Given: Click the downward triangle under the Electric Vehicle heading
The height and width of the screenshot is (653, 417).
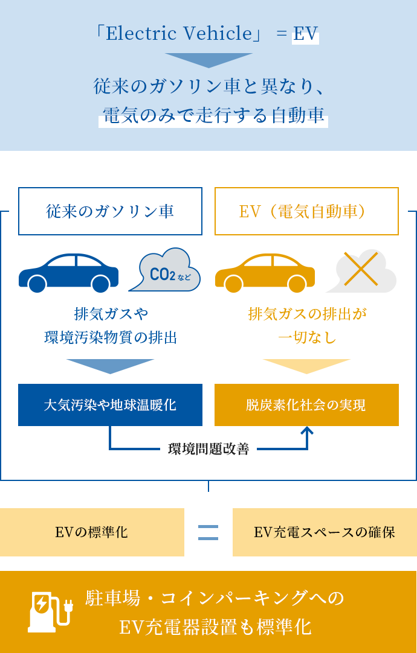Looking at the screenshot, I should (208, 60).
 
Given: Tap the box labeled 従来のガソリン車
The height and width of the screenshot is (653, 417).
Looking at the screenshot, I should (109, 211).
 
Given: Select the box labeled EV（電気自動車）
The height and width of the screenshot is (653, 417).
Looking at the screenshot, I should (306, 211).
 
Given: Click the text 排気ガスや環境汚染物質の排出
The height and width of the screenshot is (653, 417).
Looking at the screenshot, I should (110, 326).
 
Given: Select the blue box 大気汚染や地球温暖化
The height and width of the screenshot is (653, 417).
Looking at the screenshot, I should (110, 404).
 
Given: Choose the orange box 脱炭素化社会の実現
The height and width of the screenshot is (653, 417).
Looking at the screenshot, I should (306, 404).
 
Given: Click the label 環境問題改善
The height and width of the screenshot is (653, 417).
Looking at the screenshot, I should (208, 448).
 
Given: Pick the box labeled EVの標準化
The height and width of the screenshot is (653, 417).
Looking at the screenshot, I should (92, 532).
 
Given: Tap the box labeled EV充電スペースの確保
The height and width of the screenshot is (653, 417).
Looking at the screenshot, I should (324, 532).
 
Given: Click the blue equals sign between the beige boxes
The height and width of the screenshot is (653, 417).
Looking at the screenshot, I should (208, 532).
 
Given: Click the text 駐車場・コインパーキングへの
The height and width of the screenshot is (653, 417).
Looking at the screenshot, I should (215, 598).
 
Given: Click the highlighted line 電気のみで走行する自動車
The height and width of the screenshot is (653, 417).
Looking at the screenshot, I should (213, 115).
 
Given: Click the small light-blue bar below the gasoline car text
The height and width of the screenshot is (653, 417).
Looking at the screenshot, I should (109, 366).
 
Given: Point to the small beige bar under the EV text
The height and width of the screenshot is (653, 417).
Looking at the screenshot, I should (306, 366).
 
